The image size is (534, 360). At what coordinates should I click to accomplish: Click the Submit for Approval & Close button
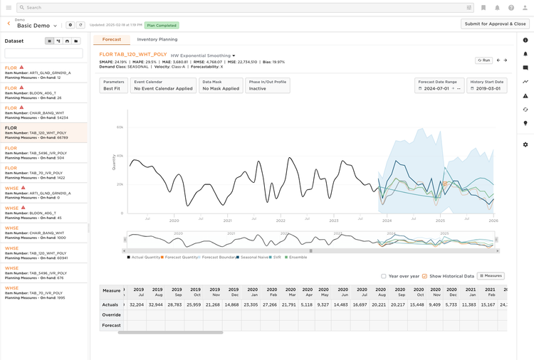tap(495, 23)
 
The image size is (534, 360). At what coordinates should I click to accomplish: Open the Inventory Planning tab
tap(157, 39)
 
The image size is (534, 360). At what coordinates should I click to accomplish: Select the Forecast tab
tap(112, 39)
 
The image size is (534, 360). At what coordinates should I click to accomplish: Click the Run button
tap(483, 60)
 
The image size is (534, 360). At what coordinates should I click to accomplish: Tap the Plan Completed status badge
tap(162, 25)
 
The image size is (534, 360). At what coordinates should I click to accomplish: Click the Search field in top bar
tap(242, 7)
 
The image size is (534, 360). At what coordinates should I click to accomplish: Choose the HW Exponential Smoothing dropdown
tap(203, 55)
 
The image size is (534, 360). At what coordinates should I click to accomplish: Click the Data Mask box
tap(221, 85)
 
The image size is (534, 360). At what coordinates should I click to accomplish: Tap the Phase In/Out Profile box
tap(267, 85)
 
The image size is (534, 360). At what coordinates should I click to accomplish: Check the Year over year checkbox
tap(384, 276)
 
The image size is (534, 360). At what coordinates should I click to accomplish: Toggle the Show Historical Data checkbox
tap(425, 276)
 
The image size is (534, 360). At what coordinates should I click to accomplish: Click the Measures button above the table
tap(491, 276)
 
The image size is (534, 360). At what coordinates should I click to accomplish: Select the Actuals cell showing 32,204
tap(137, 305)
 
